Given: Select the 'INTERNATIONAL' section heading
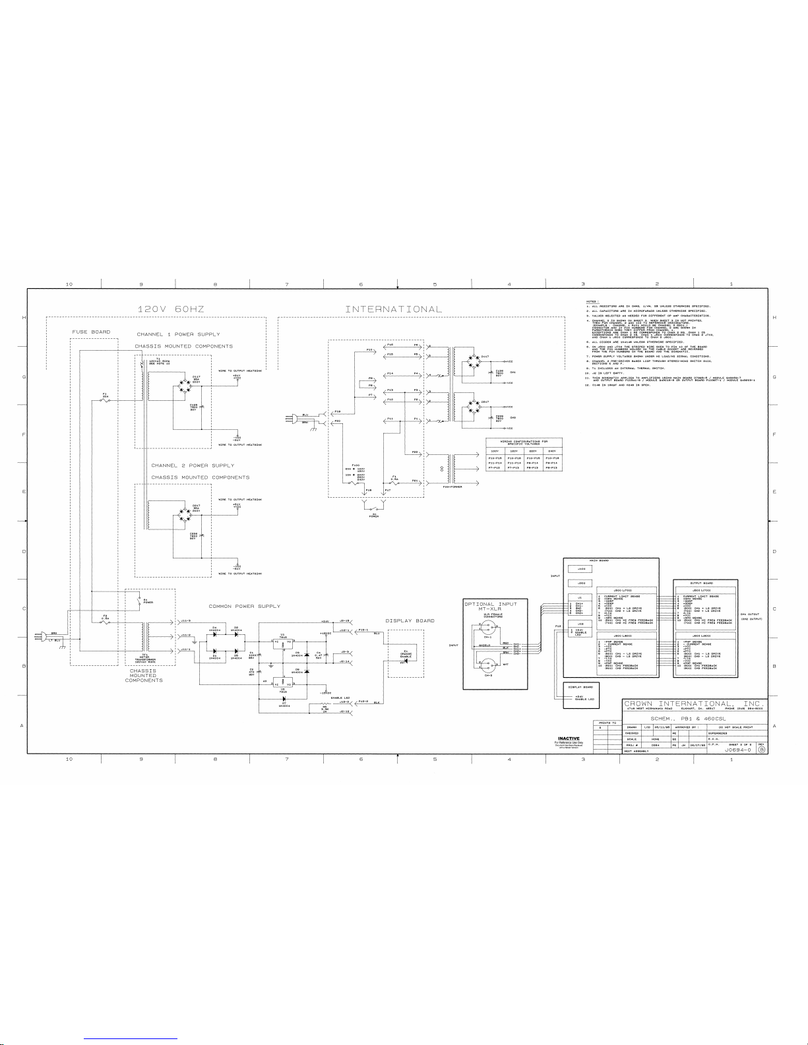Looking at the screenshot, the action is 394,309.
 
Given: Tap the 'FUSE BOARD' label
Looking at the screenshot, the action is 91,332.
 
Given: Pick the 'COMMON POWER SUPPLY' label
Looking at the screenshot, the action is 244,606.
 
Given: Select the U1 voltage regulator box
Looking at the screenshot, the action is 282,642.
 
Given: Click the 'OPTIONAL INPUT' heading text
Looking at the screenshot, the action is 491,603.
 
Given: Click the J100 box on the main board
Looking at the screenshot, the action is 581,568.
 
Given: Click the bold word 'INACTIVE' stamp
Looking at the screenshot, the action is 568,737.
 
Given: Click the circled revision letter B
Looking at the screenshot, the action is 761,750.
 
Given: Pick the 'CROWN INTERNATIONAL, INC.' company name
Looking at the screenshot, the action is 695,704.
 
